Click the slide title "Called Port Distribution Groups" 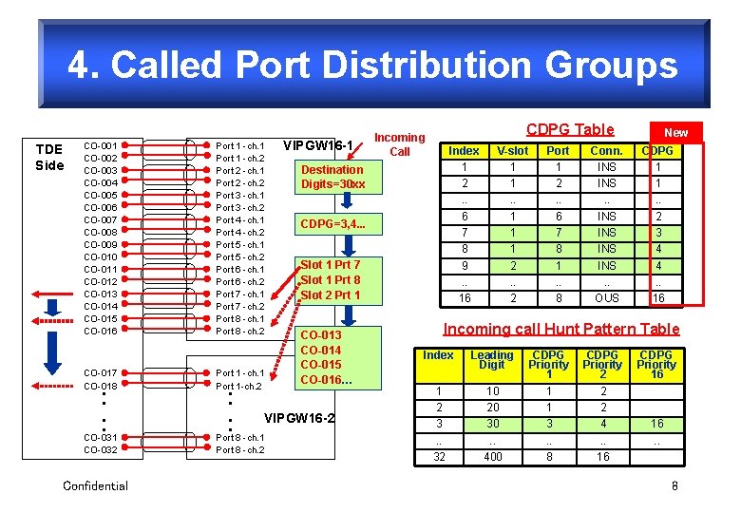click(372, 65)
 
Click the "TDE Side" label click(49, 157)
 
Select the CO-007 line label click(101, 219)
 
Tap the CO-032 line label click(101, 449)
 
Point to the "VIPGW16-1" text click(319, 145)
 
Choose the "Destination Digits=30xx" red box click(332, 177)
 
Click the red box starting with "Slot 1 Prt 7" click(330, 279)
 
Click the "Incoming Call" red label click(400, 144)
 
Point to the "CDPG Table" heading click(570, 129)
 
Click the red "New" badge click(675, 133)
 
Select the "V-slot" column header click(512, 150)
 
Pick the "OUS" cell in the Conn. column click(606, 297)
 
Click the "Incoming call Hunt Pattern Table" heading click(562, 329)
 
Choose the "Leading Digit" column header click(492, 360)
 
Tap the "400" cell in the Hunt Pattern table click(492, 457)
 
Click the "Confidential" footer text click(95, 486)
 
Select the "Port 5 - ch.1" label click(240, 244)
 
